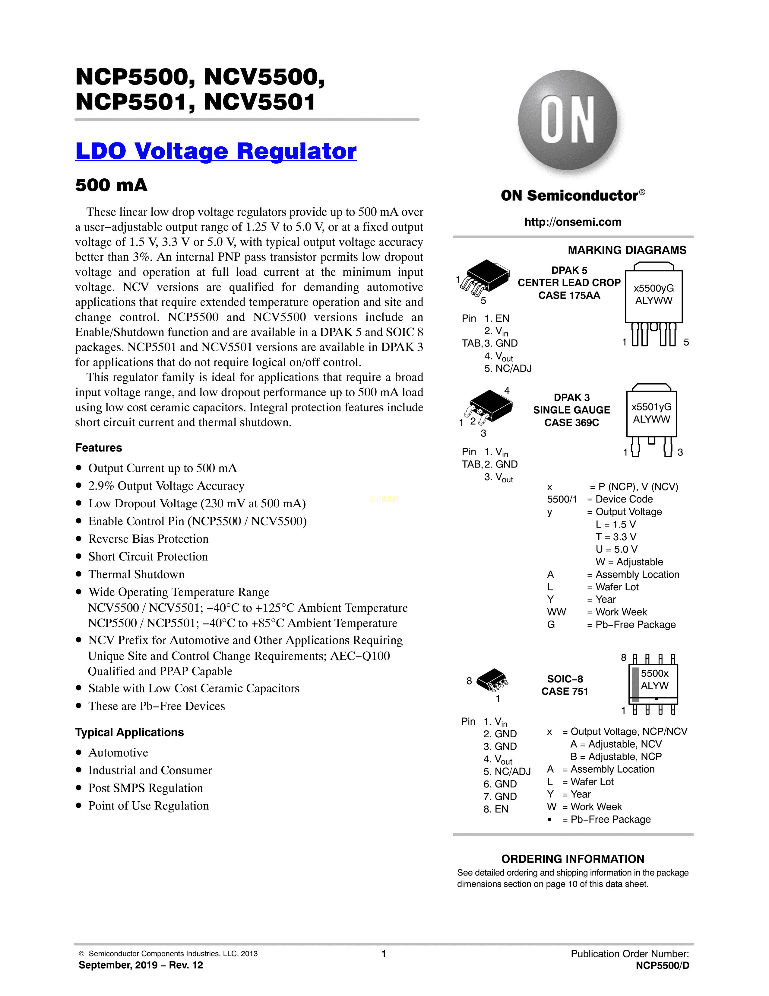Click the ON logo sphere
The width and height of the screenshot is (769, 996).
pos(567,120)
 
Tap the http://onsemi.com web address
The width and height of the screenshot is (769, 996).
pos(573,222)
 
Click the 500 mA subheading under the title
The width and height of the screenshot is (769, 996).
pos(111,185)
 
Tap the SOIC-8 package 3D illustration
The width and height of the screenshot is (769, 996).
pos(492,680)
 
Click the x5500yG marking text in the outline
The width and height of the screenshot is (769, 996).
pos(653,288)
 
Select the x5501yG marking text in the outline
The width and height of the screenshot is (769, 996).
pos(651,407)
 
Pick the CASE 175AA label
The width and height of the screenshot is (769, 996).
pos(569,295)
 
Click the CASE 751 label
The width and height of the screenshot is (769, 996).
pos(565,691)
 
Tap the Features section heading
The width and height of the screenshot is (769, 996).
pos(98,448)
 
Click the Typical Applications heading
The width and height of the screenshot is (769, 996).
pos(129,733)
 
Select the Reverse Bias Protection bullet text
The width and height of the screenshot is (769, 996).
pos(148,539)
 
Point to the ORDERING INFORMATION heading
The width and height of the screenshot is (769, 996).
pos(573,859)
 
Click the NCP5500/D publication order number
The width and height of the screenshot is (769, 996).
pos(663,966)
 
